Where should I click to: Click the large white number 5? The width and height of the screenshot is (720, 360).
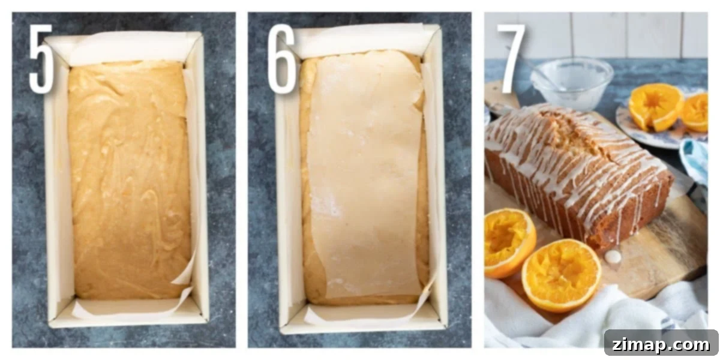(41, 59)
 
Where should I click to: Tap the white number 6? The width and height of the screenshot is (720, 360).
(281, 59)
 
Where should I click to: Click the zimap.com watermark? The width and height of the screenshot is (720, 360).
(661, 344)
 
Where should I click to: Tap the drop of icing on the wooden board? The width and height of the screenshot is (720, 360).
(613, 256)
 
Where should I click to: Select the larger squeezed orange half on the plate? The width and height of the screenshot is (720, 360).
(656, 106)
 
